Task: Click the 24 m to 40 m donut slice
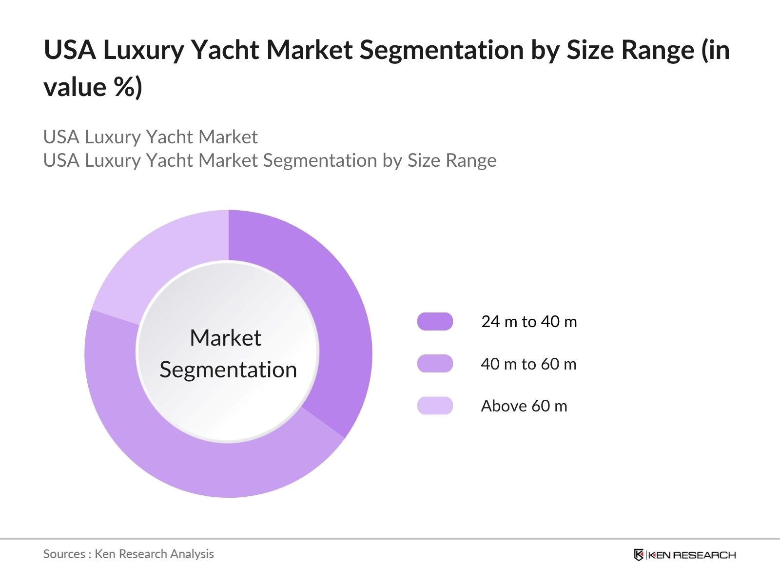[336, 317]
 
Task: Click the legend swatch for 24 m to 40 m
[435, 322]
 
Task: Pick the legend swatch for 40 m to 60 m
[435, 364]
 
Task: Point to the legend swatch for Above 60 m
[435, 406]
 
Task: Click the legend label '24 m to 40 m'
[529, 322]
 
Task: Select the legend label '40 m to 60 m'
[528, 364]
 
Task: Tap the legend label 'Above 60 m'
[524, 406]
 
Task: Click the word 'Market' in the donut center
[225, 338]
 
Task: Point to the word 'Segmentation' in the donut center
[228, 370]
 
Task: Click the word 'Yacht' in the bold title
[225, 50]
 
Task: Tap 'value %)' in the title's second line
[93, 87]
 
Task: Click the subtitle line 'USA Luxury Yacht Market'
[150, 137]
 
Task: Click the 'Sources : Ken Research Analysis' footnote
[129, 554]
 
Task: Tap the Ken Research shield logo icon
[639, 555]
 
